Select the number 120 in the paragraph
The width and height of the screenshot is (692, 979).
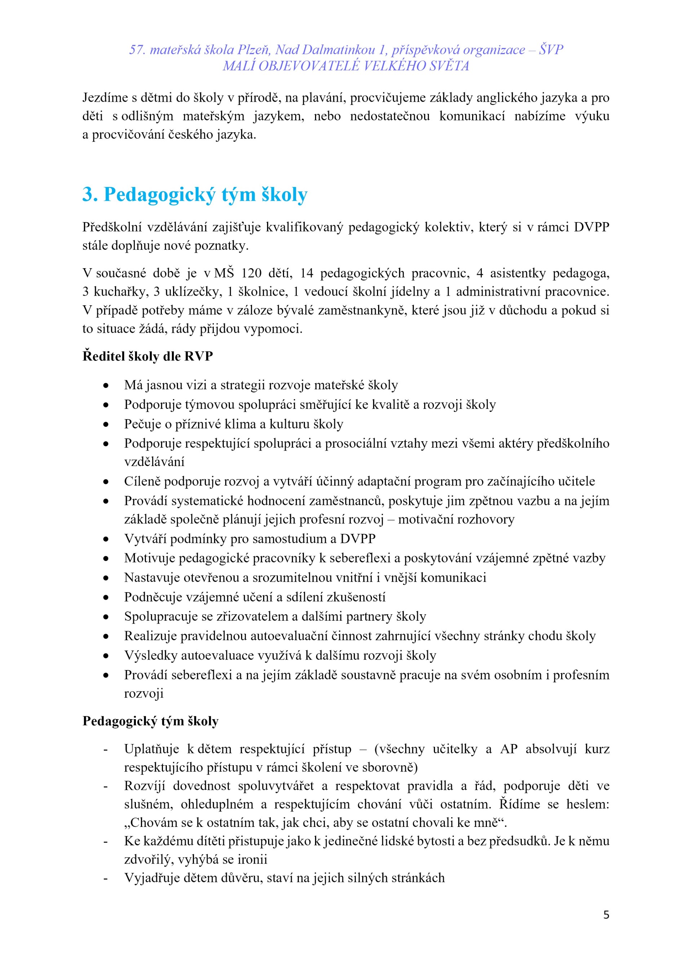251,273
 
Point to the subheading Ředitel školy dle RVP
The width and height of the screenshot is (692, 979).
147,356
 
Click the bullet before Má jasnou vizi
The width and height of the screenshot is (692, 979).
106,385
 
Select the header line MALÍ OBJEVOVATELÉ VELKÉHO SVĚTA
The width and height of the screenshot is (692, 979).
346,66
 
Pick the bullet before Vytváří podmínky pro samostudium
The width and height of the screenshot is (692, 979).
106,539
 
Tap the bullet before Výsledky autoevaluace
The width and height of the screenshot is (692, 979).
106,656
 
